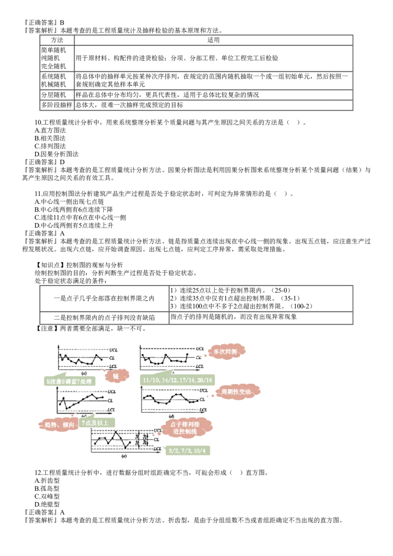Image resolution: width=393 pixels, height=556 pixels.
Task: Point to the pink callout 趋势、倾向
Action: (57, 424)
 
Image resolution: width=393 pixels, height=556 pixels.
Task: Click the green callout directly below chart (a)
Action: (69, 381)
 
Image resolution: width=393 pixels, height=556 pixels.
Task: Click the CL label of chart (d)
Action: (201, 400)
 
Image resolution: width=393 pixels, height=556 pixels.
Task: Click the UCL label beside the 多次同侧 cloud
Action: (200, 348)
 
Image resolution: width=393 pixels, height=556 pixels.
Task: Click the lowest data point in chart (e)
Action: (126, 448)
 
